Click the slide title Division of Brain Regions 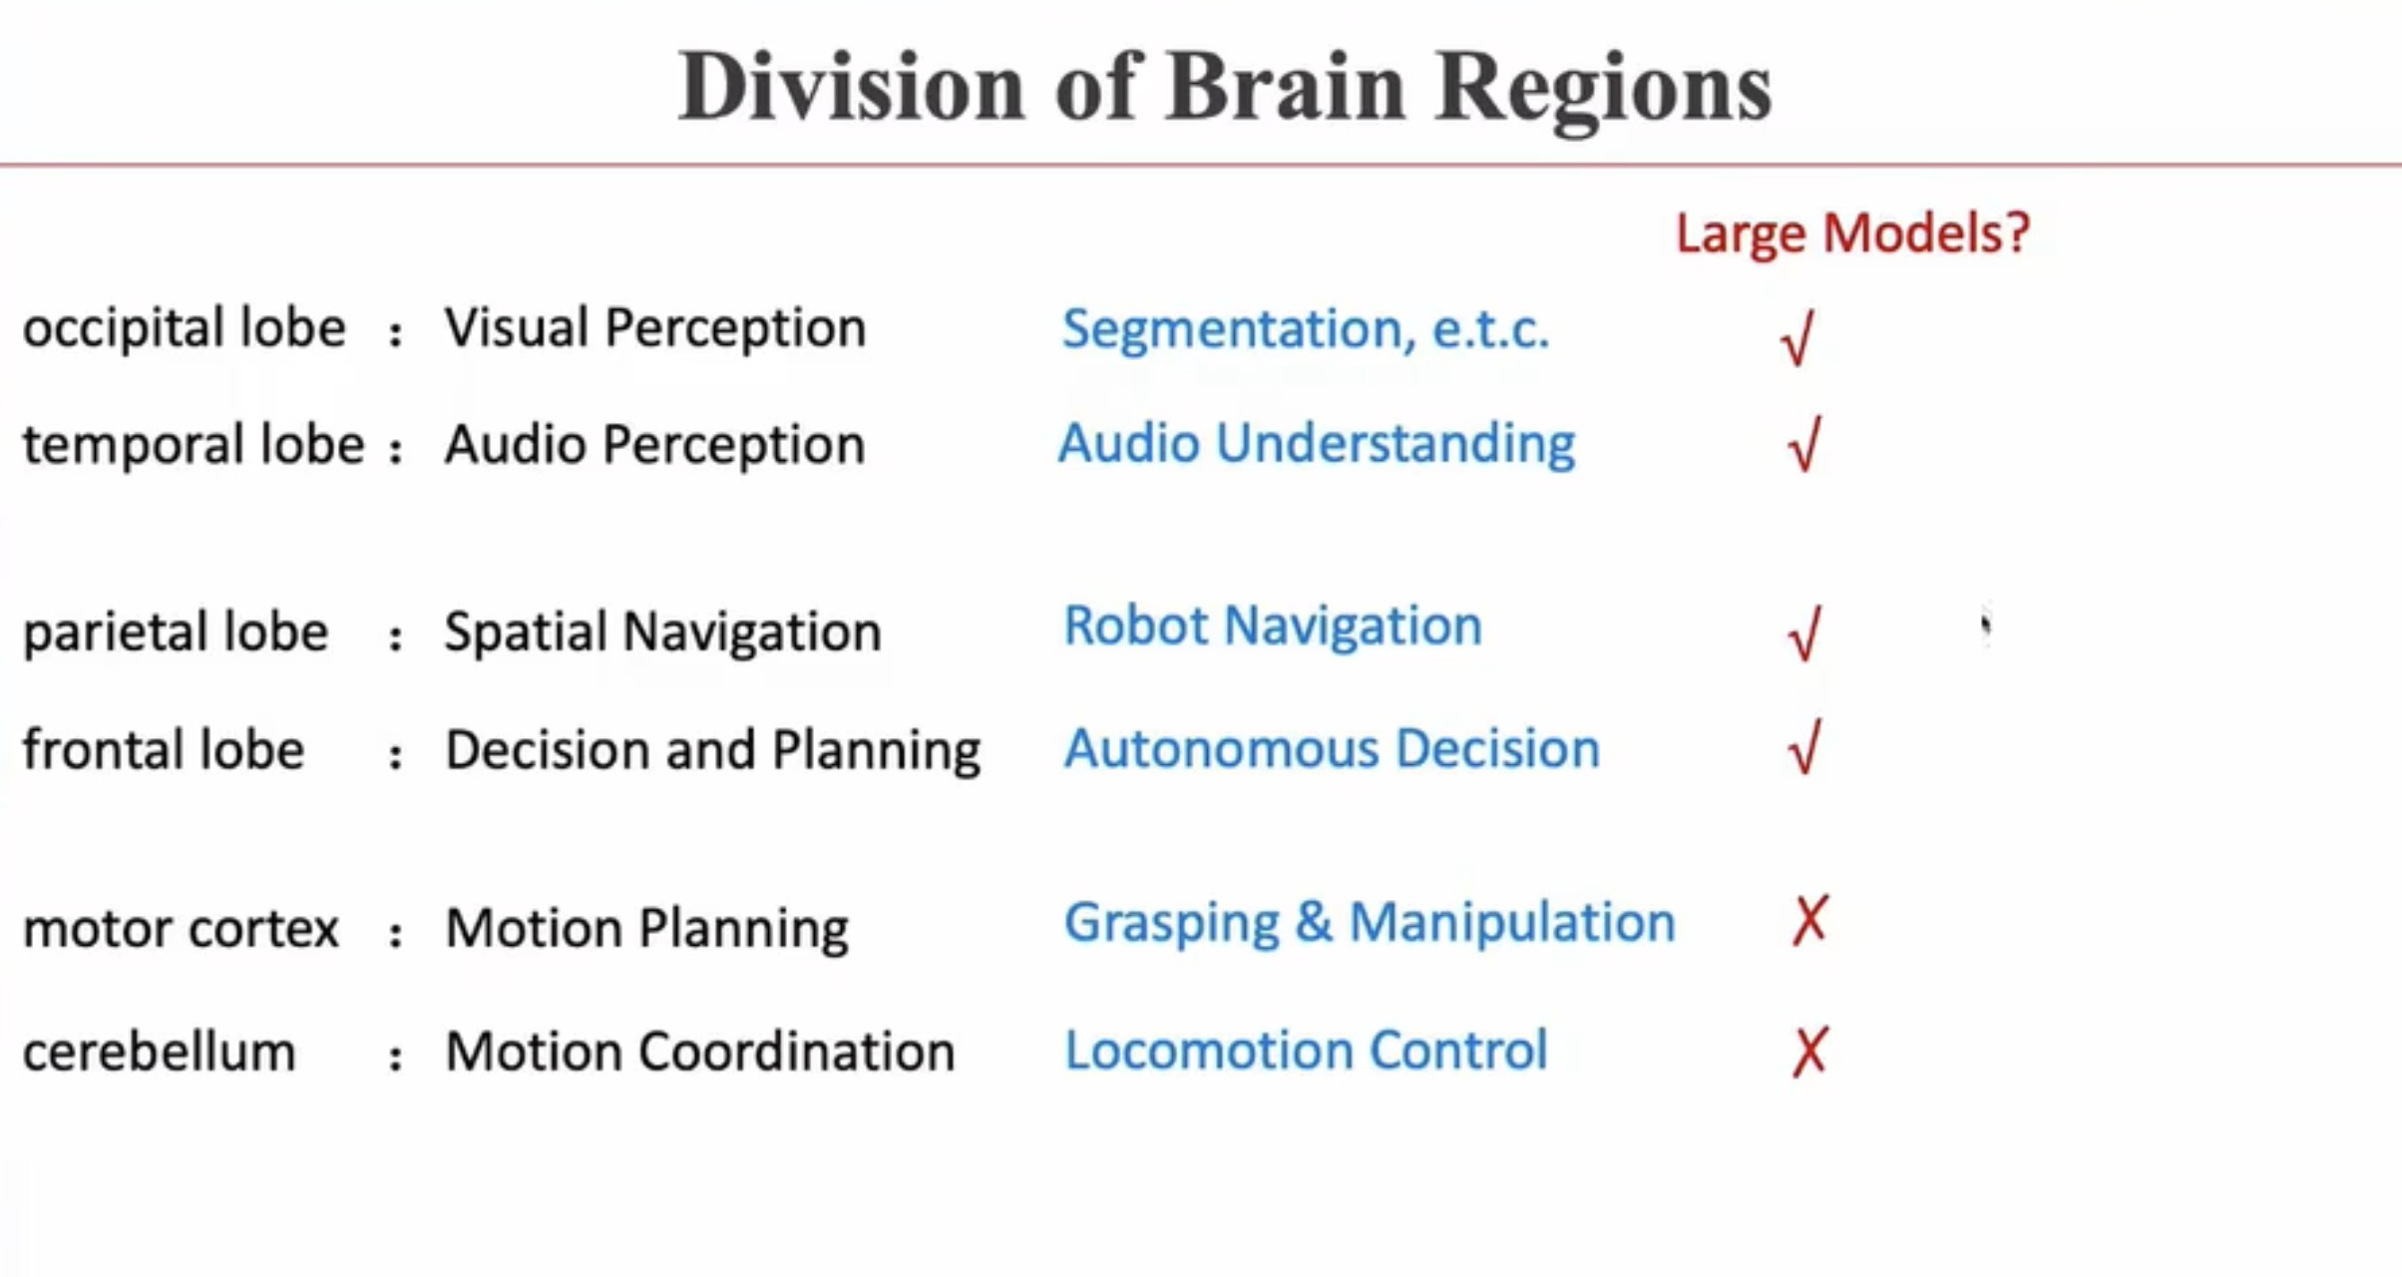1224,88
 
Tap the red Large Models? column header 1852,233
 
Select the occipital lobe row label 185,328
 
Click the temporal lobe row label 194,444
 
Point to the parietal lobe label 176,632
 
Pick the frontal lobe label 164,749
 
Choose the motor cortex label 181,928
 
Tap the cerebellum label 160,1052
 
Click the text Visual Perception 654,328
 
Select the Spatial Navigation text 662,632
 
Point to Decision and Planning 712,750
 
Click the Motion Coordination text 699,1052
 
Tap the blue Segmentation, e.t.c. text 1305,329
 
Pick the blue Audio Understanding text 1317,444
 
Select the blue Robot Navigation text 1273,627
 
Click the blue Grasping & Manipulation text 1370,922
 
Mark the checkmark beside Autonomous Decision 1804,747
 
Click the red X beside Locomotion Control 1809,1052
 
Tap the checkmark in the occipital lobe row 1798,338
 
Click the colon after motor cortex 396,934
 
